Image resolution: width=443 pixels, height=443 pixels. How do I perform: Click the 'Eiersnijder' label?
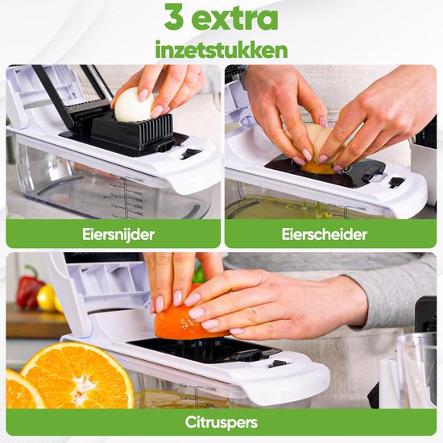(113, 234)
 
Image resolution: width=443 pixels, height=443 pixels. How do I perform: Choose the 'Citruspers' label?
(221, 421)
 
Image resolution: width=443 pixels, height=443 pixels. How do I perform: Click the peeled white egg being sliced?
(135, 106)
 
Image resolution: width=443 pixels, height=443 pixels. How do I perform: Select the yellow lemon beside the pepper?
(48, 299)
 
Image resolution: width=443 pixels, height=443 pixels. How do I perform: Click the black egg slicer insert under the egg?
(134, 134)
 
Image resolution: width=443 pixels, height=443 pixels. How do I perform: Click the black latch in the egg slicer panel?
(191, 153)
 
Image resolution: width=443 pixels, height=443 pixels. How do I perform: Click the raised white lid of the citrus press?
(89, 290)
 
